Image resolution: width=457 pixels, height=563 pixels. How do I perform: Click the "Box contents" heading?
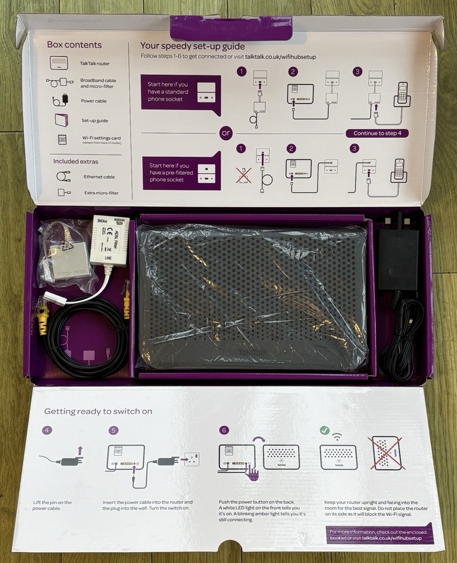coord(74,45)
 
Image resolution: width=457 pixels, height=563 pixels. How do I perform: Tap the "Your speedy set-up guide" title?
coord(192,46)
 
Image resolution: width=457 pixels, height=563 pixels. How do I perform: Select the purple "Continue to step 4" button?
coord(377,133)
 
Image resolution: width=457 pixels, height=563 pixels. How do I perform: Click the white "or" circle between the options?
coord(226,133)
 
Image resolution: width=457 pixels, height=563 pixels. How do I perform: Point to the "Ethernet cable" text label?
coord(99,177)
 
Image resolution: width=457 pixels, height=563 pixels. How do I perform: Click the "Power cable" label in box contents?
coord(94,101)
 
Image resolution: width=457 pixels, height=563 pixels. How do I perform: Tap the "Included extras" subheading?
coord(76,161)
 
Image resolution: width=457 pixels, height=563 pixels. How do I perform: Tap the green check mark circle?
coord(324,430)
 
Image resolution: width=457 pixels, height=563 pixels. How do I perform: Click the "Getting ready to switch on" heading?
coord(98,411)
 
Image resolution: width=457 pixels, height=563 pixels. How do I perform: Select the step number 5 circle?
coord(113,431)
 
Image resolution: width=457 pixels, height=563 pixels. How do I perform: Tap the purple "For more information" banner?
coord(380,535)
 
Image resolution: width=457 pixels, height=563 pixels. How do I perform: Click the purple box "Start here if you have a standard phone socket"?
coord(181,92)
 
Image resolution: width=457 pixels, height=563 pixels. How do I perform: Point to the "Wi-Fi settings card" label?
coord(101,139)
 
